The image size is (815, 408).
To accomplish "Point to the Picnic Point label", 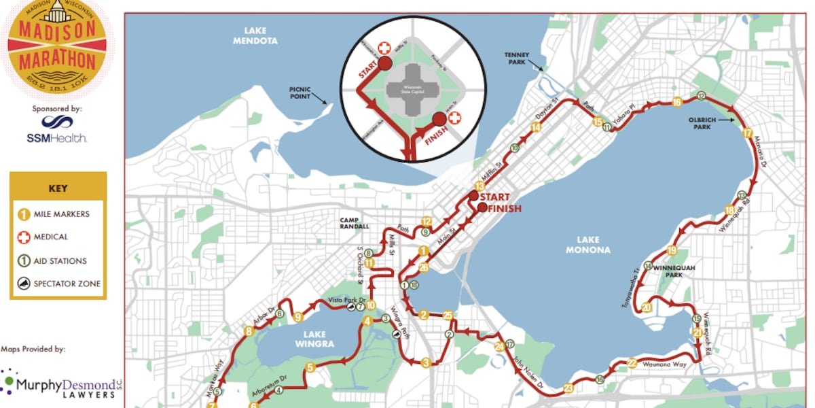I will [299, 92].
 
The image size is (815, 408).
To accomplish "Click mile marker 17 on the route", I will [748, 133].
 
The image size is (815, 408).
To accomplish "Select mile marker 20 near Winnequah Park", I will [647, 307].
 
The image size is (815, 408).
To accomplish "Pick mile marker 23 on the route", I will [568, 388].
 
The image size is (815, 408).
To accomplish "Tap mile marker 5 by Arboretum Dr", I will [310, 368].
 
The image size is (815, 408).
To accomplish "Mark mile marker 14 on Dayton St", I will [536, 127].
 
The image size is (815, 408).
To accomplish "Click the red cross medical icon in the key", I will [23, 237].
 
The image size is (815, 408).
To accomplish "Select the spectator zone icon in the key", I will [23, 284].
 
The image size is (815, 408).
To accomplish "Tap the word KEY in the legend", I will [58, 188].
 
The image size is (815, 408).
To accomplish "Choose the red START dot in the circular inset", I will [384, 65].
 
